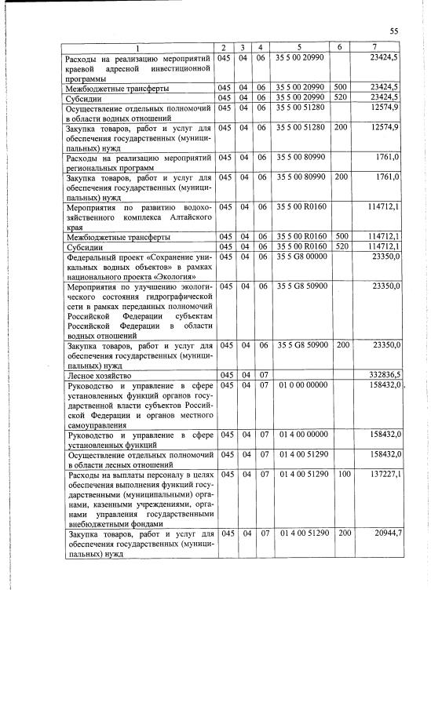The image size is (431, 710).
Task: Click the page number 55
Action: tap(393, 31)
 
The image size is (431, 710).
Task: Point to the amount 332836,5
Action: tap(383, 376)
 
